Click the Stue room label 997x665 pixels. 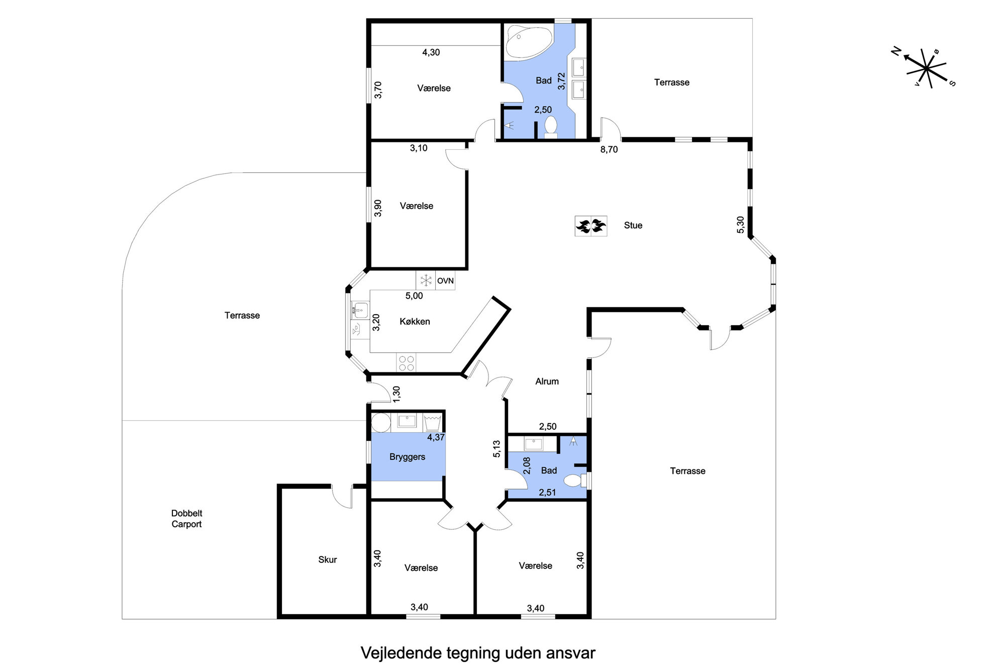click(x=633, y=225)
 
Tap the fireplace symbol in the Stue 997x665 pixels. click(x=590, y=226)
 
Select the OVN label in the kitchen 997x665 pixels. click(x=445, y=281)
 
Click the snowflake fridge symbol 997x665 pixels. click(x=426, y=280)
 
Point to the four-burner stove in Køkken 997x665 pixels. click(x=406, y=363)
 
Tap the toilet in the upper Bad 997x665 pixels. click(x=551, y=127)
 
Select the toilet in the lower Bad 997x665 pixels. click(x=575, y=481)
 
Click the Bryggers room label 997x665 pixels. click(x=407, y=457)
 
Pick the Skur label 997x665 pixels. click(x=327, y=559)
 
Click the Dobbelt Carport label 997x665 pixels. click(x=186, y=519)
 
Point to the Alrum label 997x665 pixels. click(x=547, y=382)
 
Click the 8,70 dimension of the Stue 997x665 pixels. click(x=609, y=149)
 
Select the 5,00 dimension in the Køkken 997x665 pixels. click(x=414, y=296)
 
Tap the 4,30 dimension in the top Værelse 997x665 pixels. click(x=431, y=52)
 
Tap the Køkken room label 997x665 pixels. click(x=415, y=322)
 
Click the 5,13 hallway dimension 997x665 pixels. click(x=496, y=449)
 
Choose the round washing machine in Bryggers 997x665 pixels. click(x=380, y=423)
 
